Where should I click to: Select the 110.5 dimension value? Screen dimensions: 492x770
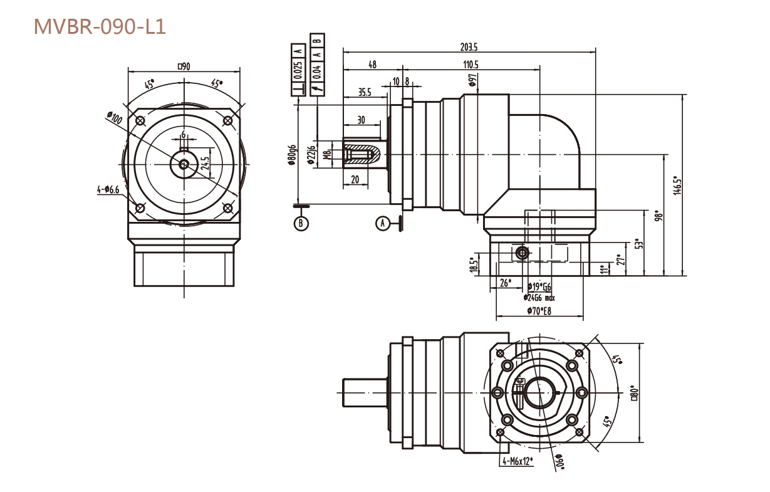coord(471,65)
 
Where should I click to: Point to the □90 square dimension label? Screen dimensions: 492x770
coord(184,65)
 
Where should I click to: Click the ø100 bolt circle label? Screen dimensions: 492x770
coord(115,117)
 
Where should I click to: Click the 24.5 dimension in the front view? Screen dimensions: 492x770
coord(206,163)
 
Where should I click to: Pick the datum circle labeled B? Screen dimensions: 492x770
coord(301,222)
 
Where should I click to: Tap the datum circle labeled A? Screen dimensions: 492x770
coord(382,222)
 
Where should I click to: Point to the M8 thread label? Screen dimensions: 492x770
coord(326,155)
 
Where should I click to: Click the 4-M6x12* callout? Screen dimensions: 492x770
coord(517,462)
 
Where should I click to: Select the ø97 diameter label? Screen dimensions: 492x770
coord(472,80)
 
